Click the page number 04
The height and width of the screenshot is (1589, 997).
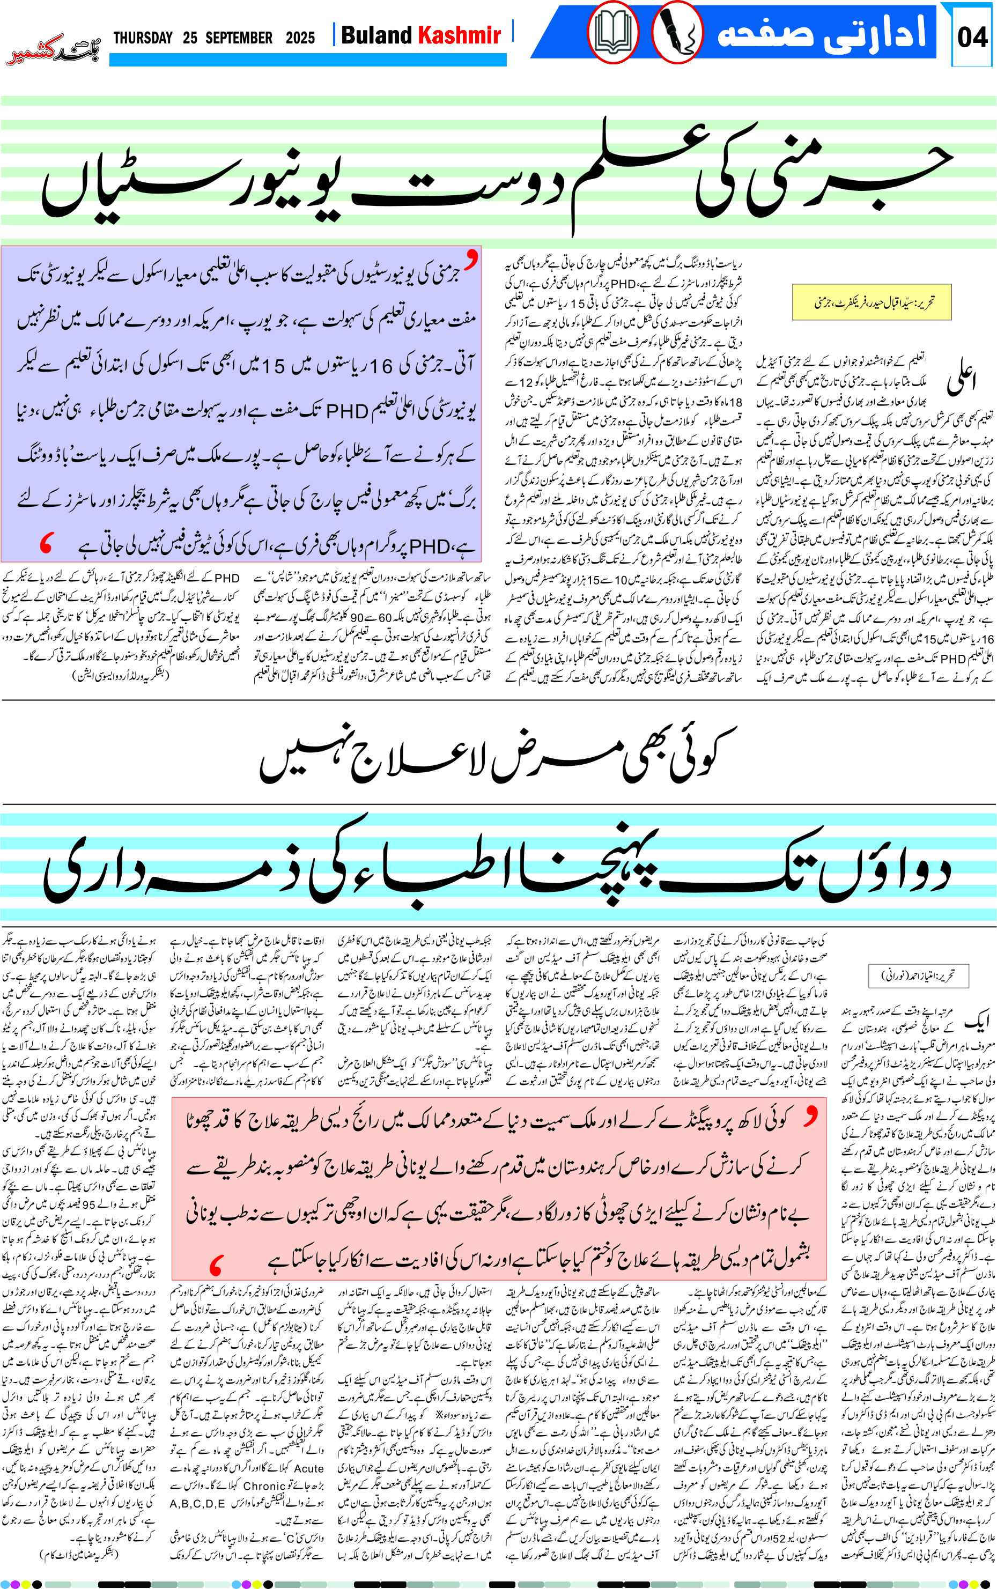972,37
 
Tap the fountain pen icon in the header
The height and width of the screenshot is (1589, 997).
677,32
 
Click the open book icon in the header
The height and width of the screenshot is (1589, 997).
613,32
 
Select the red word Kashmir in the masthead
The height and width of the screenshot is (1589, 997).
460,35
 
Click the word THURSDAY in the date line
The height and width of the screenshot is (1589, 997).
143,38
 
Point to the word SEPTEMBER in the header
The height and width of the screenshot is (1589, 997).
239,38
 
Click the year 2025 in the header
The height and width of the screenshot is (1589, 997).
300,38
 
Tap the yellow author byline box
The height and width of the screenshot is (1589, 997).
871,302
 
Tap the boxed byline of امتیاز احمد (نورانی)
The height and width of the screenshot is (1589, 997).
919,975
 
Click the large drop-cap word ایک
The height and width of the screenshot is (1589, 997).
977,1021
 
